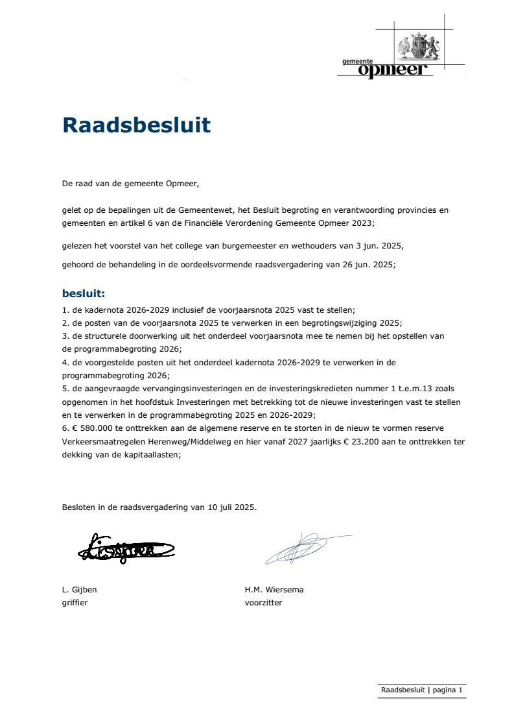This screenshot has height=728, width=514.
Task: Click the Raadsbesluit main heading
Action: tap(136, 125)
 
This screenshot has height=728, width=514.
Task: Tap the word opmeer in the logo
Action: tap(395, 70)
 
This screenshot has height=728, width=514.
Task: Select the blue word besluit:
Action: tap(84, 293)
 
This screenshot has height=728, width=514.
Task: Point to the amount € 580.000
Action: tap(91, 428)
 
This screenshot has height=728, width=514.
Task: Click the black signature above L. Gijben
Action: tap(125, 549)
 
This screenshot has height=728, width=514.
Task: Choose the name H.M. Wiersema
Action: tap(274, 590)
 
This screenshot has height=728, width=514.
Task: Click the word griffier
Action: tap(75, 602)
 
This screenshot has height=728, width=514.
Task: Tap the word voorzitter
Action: tap(263, 602)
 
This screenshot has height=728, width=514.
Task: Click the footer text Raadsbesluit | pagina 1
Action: tap(421, 690)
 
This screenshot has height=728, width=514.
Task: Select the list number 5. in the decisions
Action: tap(65, 388)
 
